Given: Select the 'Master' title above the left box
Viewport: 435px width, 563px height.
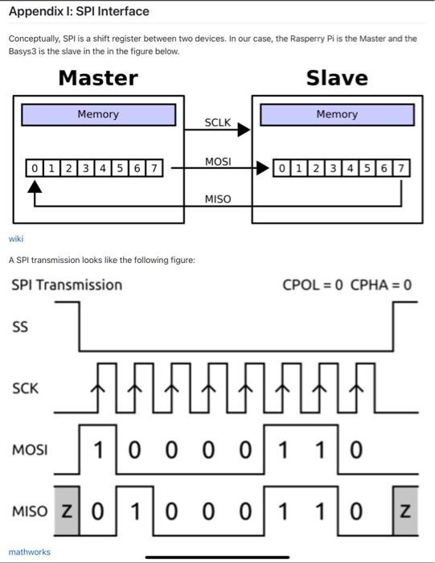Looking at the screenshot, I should (98, 78).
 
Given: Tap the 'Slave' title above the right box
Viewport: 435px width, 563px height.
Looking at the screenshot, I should (337, 78).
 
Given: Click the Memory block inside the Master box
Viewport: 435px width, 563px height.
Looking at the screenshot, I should (98, 114).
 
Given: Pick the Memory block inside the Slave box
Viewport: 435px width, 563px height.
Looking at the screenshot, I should (337, 114).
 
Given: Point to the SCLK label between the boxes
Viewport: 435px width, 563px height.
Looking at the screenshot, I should (218, 122).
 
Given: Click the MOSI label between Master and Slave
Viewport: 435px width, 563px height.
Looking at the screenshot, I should (218, 162).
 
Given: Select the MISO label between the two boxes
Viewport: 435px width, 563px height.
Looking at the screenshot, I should (218, 199).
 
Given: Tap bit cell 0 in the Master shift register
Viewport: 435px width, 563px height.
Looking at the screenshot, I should (34, 168).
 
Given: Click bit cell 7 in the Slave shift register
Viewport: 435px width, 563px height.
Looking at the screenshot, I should (402, 168).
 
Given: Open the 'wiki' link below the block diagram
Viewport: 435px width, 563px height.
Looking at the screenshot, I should (16, 239).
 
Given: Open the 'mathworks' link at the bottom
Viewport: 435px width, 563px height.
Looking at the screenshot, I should (29, 552).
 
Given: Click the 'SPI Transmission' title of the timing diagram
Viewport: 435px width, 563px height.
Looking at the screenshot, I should (67, 285).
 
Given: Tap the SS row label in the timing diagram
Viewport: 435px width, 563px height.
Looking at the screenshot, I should (19, 327).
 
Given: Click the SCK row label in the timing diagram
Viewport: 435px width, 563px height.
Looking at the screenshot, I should (25, 388).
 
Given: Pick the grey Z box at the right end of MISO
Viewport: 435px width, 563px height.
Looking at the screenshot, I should (405, 511).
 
